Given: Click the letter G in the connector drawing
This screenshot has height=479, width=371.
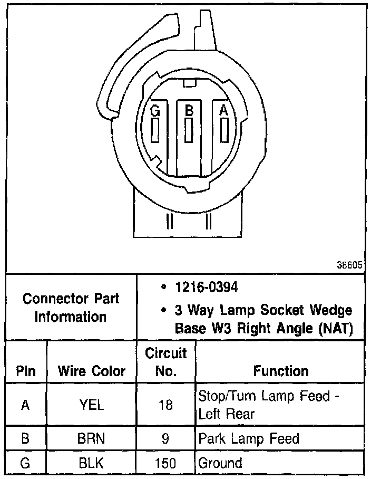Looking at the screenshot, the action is [155, 111].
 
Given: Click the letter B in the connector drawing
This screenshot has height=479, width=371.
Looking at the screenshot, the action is [188, 111].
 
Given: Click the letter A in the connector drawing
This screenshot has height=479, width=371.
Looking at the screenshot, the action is [224, 111].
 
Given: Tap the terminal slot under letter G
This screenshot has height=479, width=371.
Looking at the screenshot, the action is [155, 130].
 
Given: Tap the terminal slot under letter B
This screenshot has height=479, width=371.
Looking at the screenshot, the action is [188, 129].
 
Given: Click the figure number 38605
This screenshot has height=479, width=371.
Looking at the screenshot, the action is [349, 265].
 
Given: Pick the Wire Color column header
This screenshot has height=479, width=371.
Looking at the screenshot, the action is [92, 371].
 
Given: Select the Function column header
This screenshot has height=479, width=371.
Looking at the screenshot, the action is [280, 371].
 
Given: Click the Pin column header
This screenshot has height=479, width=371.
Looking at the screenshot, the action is [26, 371].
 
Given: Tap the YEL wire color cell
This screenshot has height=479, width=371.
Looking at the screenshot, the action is [92, 405].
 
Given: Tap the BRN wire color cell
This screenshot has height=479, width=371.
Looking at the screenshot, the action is [92, 438].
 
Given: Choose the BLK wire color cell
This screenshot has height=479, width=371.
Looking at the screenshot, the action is [92, 463].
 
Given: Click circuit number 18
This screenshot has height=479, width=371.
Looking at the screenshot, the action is [166, 405].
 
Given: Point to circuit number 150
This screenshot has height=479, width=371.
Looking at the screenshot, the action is [166, 463].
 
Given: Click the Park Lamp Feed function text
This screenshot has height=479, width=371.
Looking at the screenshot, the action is [248, 438].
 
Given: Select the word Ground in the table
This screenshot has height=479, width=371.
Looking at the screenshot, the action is [220, 463].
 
